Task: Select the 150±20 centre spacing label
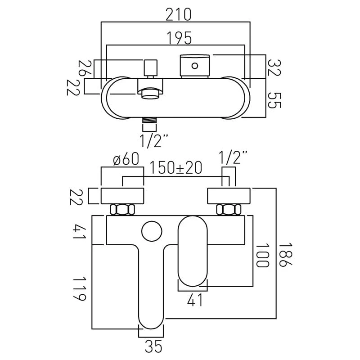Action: tap(176, 168)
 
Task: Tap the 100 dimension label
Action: tap(262, 256)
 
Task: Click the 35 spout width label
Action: tap(153, 346)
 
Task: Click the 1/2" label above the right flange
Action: tap(233, 159)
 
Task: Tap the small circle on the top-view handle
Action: tap(195, 66)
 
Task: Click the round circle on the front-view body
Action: tap(151, 231)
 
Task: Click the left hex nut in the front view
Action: tap(122, 210)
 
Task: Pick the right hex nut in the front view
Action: tap(227, 210)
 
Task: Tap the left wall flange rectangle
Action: tap(122, 196)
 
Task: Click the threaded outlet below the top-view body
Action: tap(148, 121)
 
